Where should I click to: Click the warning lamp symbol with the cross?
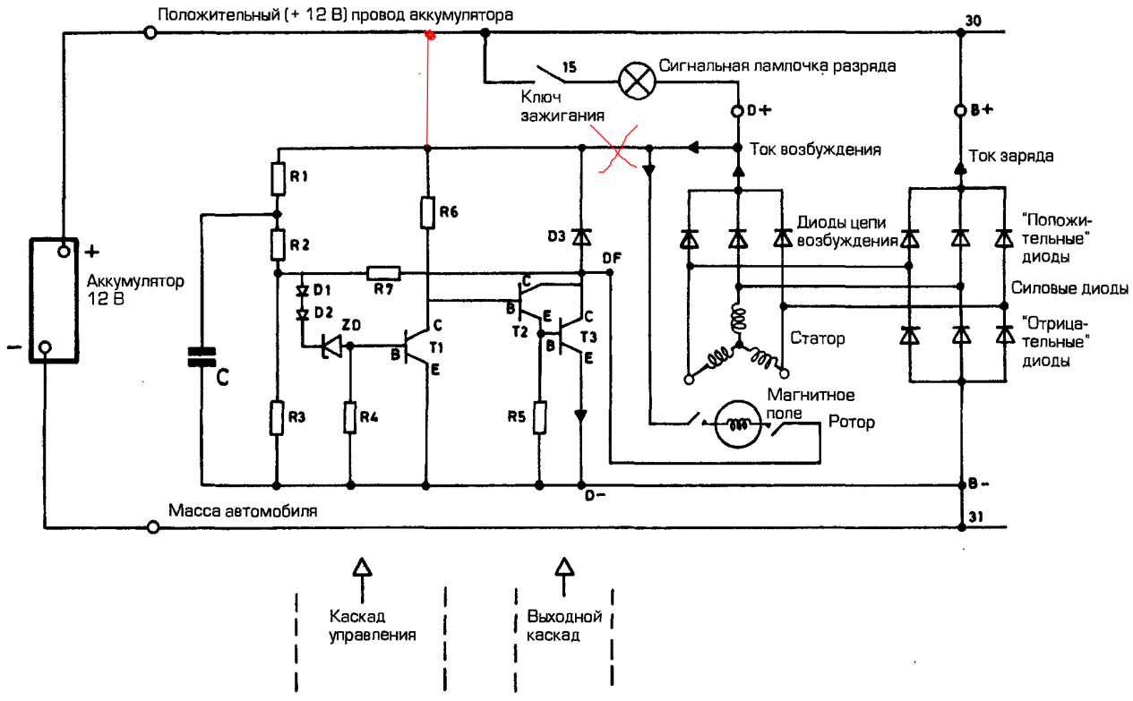coord(638,78)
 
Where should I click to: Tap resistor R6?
coord(427,214)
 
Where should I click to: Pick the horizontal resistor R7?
coord(384,272)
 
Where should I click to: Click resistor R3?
coord(278,416)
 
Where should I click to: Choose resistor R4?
coord(351,416)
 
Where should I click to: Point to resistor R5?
coord(540,416)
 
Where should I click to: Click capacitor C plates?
coord(202,357)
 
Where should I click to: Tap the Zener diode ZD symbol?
coord(332,345)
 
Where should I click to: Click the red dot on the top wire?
coord(430,35)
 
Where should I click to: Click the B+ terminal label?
coord(980,112)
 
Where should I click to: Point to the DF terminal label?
coord(614,258)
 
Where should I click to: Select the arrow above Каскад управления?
coord(361,567)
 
